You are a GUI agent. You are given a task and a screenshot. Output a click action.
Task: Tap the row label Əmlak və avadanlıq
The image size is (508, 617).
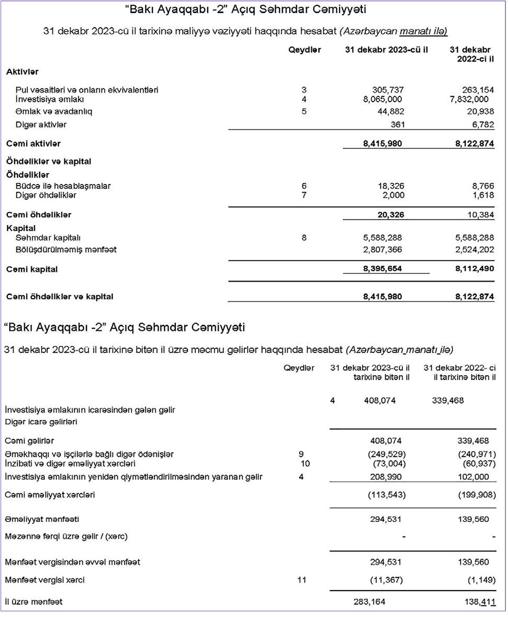[54, 111]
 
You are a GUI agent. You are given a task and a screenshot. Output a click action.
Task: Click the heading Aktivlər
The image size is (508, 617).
[22, 72]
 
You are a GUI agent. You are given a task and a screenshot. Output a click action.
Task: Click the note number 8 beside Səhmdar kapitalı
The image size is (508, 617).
[304, 237]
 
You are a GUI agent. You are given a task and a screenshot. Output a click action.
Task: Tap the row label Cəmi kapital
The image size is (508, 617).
[32, 270]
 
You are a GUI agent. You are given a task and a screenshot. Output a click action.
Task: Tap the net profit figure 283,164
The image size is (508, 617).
[369, 602]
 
